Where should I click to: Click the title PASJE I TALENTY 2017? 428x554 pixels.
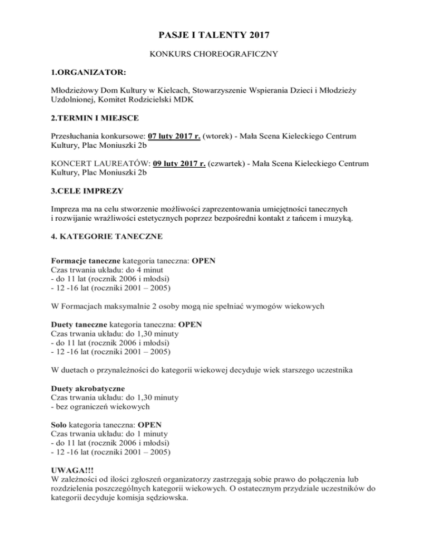[x=214, y=36]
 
